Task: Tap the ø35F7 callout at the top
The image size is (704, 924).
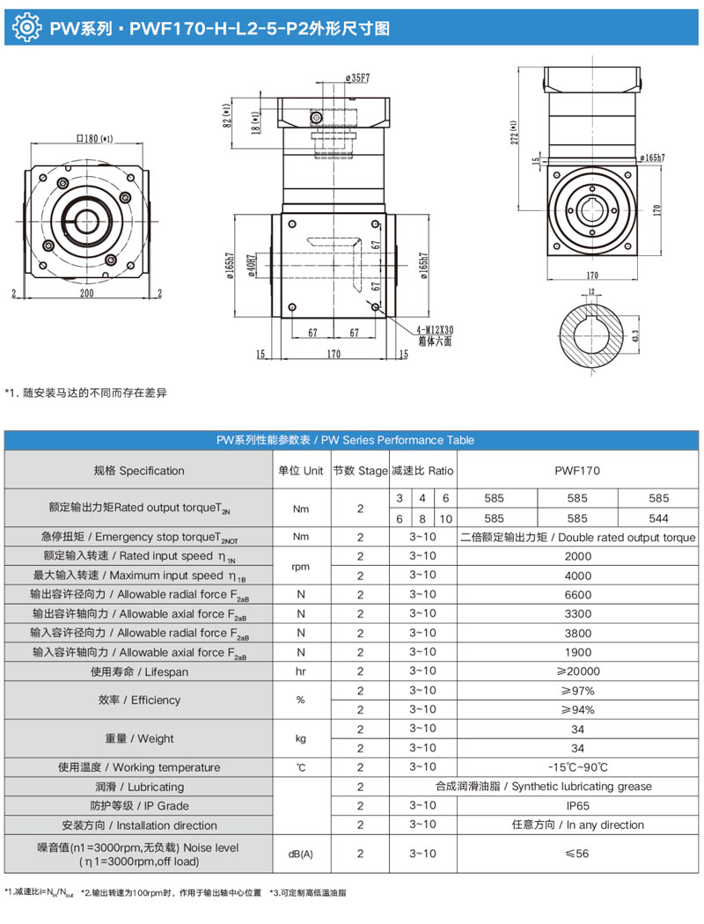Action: pyautogui.click(x=356, y=77)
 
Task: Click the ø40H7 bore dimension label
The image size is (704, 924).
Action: pyautogui.click(x=252, y=265)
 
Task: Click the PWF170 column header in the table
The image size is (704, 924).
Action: pyautogui.click(x=576, y=471)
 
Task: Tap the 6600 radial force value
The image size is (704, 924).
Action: pyautogui.click(x=576, y=594)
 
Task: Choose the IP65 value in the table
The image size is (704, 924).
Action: pyautogui.click(x=576, y=806)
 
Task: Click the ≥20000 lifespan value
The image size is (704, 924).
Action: pyautogui.click(x=576, y=671)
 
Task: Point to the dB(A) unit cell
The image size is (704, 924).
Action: pyautogui.click(x=301, y=854)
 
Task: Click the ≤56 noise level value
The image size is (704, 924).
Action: pyautogui.click(x=576, y=854)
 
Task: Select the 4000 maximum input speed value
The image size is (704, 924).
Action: pyautogui.click(x=576, y=576)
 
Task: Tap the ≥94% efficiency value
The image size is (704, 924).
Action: pyautogui.click(x=576, y=710)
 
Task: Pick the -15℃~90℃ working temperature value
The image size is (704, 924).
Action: pyautogui.click(x=576, y=767)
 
